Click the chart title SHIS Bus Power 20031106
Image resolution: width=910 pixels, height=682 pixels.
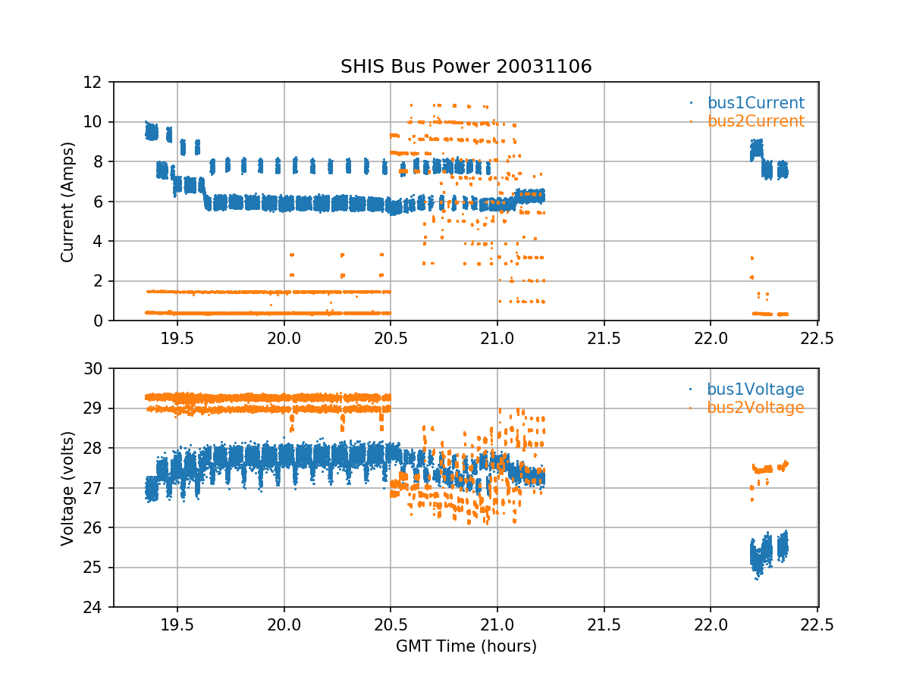[466, 67]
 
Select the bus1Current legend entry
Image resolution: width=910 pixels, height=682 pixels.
[755, 103]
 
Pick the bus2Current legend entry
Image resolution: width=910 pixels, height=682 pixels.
[755, 121]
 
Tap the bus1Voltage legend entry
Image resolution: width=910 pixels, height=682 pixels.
[755, 389]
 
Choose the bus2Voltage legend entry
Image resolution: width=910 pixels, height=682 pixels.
[755, 408]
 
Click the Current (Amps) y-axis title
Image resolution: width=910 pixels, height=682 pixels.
[67, 202]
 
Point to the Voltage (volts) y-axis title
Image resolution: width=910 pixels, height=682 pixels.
[67, 488]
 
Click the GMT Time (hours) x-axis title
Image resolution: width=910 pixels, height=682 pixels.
[466, 646]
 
